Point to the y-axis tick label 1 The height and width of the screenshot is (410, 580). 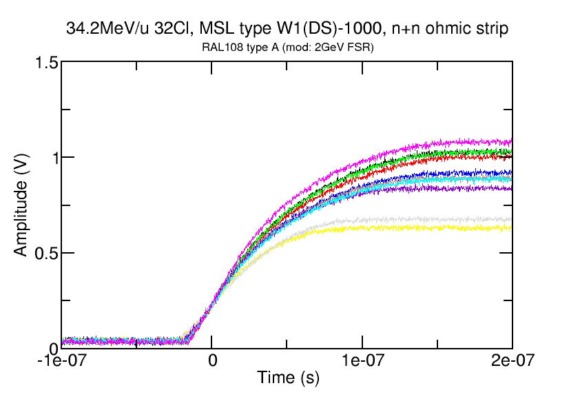point(50,158)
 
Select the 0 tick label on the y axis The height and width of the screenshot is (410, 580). point(50,348)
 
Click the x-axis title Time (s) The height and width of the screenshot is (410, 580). point(288,378)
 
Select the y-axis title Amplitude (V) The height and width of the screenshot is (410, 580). point(21,205)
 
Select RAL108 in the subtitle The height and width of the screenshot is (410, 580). point(220,46)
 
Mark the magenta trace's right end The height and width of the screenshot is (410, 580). point(511,141)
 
